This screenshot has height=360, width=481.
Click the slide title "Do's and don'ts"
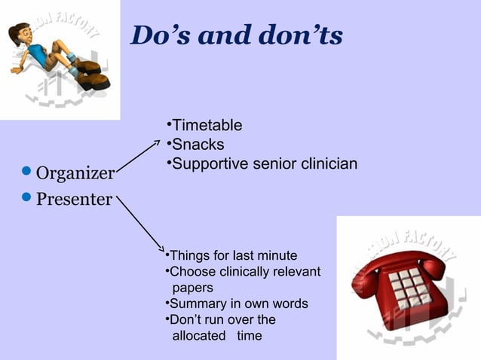pyautogui.click(x=236, y=35)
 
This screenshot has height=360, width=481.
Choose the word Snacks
pyautogui.click(x=198, y=145)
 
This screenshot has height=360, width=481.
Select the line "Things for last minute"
pyautogui.click(x=233, y=255)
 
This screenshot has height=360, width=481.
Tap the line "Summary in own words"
pyautogui.click(x=238, y=304)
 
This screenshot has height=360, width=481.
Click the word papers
pyautogui.click(x=192, y=288)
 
